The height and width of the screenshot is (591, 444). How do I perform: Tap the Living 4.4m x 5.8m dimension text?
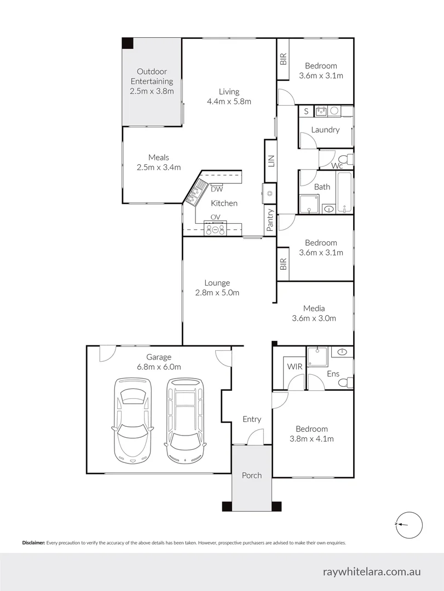click(x=229, y=102)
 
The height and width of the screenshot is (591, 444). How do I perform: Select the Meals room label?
click(x=158, y=158)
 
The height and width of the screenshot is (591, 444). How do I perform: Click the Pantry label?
click(x=270, y=219)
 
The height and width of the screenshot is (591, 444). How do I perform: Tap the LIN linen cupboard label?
click(x=270, y=161)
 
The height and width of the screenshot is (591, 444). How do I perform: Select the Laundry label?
click(x=325, y=130)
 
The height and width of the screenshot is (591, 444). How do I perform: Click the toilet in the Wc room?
click(x=349, y=159)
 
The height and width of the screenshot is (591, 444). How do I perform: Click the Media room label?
click(x=314, y=308)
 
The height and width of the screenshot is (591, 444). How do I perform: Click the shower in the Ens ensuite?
click(x=316, y=357)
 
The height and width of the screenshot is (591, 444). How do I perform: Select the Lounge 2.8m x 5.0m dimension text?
click(x=217, y=293)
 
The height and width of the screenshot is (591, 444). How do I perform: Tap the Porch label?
click(x=252, y=475)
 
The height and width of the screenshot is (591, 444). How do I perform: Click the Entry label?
click(x=252, y=419)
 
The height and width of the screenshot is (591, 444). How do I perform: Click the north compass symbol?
click(x=408, y=524)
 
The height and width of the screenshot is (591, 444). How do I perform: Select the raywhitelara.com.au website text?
click(x=372, y=571)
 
